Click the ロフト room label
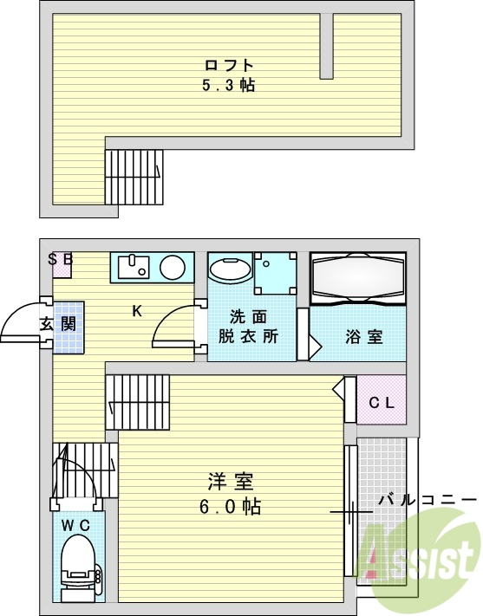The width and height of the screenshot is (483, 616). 229,66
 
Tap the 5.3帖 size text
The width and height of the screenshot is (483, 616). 229,85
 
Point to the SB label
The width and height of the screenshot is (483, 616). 60,258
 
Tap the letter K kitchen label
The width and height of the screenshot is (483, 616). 137,311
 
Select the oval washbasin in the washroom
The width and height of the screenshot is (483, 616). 231,270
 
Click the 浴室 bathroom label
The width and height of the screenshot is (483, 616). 363,337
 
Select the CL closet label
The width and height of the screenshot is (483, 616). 382,402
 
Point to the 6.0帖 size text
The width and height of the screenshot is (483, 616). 230,506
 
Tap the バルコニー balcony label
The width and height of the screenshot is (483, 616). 428,500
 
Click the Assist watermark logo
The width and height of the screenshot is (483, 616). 421,554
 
